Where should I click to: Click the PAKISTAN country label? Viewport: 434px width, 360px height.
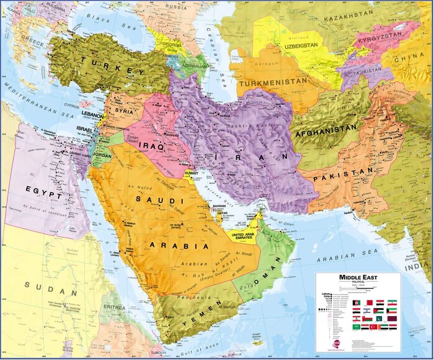click(x=339, y=177)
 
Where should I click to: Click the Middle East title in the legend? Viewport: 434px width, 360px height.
click(x=357, y=277)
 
